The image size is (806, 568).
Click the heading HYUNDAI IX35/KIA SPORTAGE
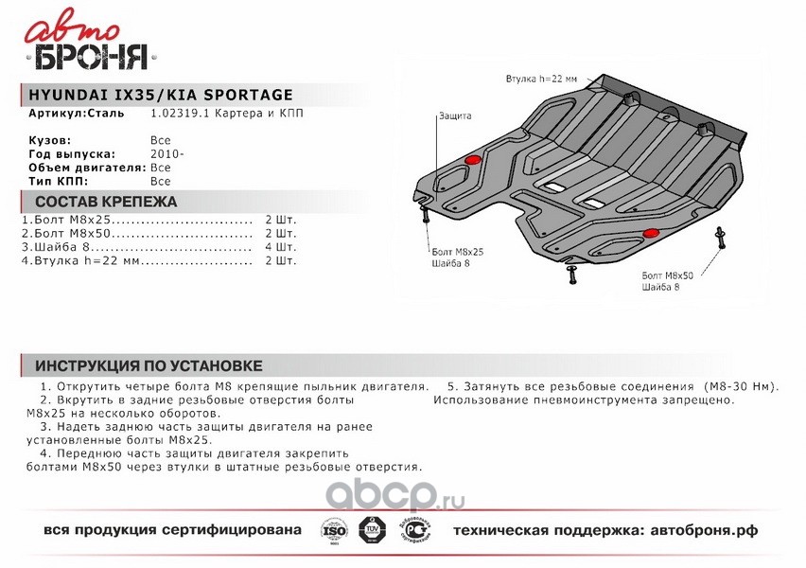[x=154, y=95]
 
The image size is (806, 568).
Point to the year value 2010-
[x=167, y=153]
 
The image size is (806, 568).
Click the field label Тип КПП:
[x=59, y=180]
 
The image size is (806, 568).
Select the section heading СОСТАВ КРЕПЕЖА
[x=105, y=202]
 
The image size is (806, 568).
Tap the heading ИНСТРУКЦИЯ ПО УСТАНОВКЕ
[x=148, y=365]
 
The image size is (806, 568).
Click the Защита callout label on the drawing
[x=454, y=116]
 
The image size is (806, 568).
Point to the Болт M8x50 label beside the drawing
[x=667, y=275]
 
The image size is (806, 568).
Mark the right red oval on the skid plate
[x=652, y=233]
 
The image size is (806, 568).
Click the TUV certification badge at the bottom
[x=372, y=530]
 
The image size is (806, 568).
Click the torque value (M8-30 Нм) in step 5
[x=741, y=387]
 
